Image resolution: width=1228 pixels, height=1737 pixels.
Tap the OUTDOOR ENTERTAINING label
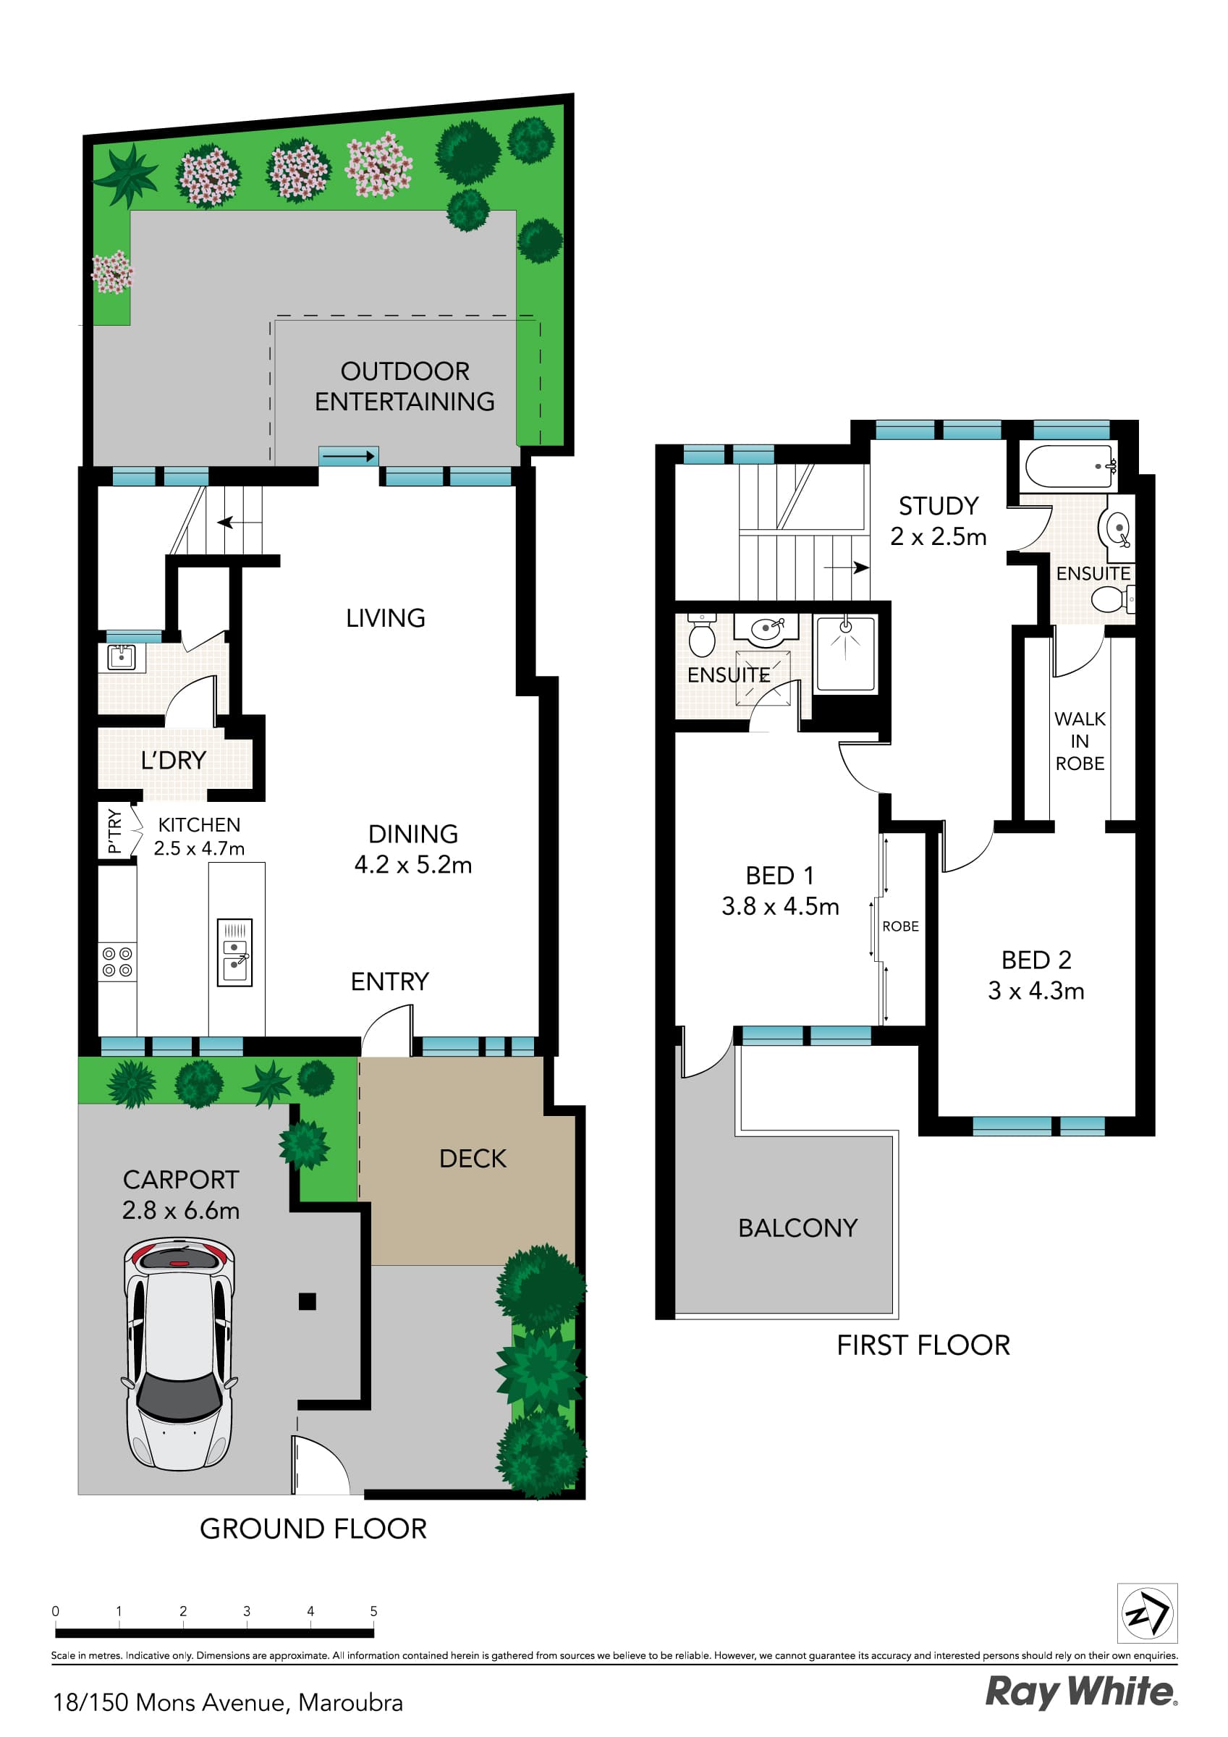405,386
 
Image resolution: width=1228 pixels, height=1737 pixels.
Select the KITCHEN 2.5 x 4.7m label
199,836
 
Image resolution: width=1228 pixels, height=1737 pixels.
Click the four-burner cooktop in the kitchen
117,962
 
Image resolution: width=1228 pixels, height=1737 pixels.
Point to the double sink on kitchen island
234,952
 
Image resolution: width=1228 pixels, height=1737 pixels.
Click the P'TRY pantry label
114,831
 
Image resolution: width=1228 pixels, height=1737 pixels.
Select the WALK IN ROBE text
1080,740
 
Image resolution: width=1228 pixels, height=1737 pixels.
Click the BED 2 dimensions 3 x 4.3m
1036,990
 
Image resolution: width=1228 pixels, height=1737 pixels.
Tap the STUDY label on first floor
939,505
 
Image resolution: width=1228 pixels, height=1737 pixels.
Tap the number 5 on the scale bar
373,1610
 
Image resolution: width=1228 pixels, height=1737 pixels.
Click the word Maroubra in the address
350,1702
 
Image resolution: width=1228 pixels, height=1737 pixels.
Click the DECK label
472,1158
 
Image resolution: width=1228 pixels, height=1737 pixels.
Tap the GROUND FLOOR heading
313,1528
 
